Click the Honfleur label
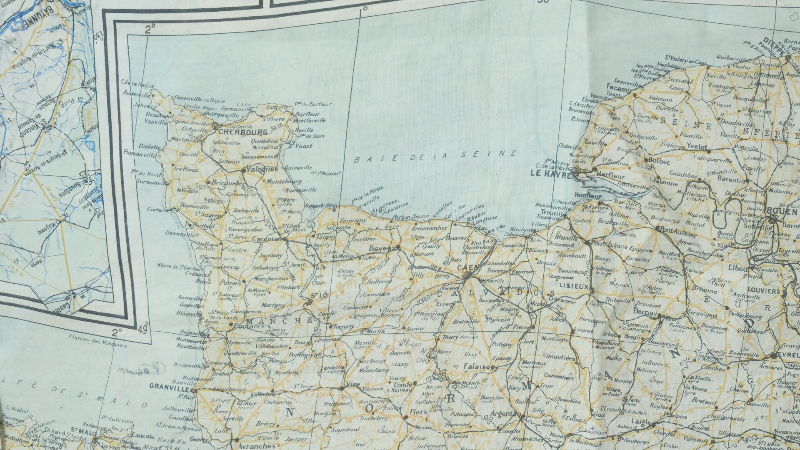pos(588,196)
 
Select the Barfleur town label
pos(307,114)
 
